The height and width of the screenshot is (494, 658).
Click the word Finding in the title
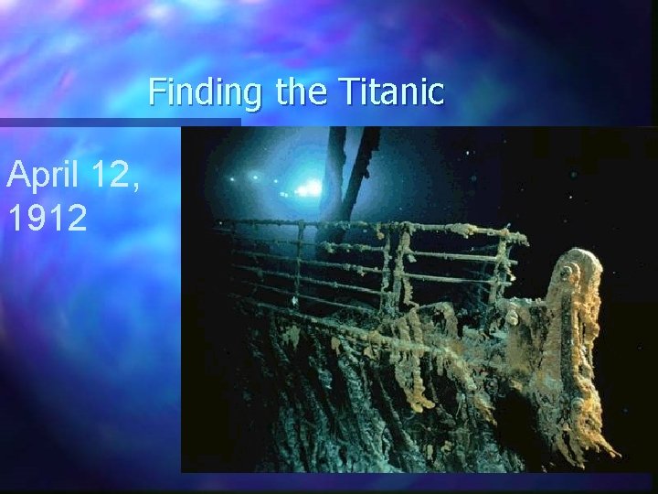204,91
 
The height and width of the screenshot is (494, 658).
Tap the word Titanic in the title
391,91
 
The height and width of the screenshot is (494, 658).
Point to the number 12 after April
113,174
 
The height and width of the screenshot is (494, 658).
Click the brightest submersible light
312,188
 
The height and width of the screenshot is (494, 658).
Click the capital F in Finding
158,91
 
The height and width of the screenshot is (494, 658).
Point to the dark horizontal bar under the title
119,122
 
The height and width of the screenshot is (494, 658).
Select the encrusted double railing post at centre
394,274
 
